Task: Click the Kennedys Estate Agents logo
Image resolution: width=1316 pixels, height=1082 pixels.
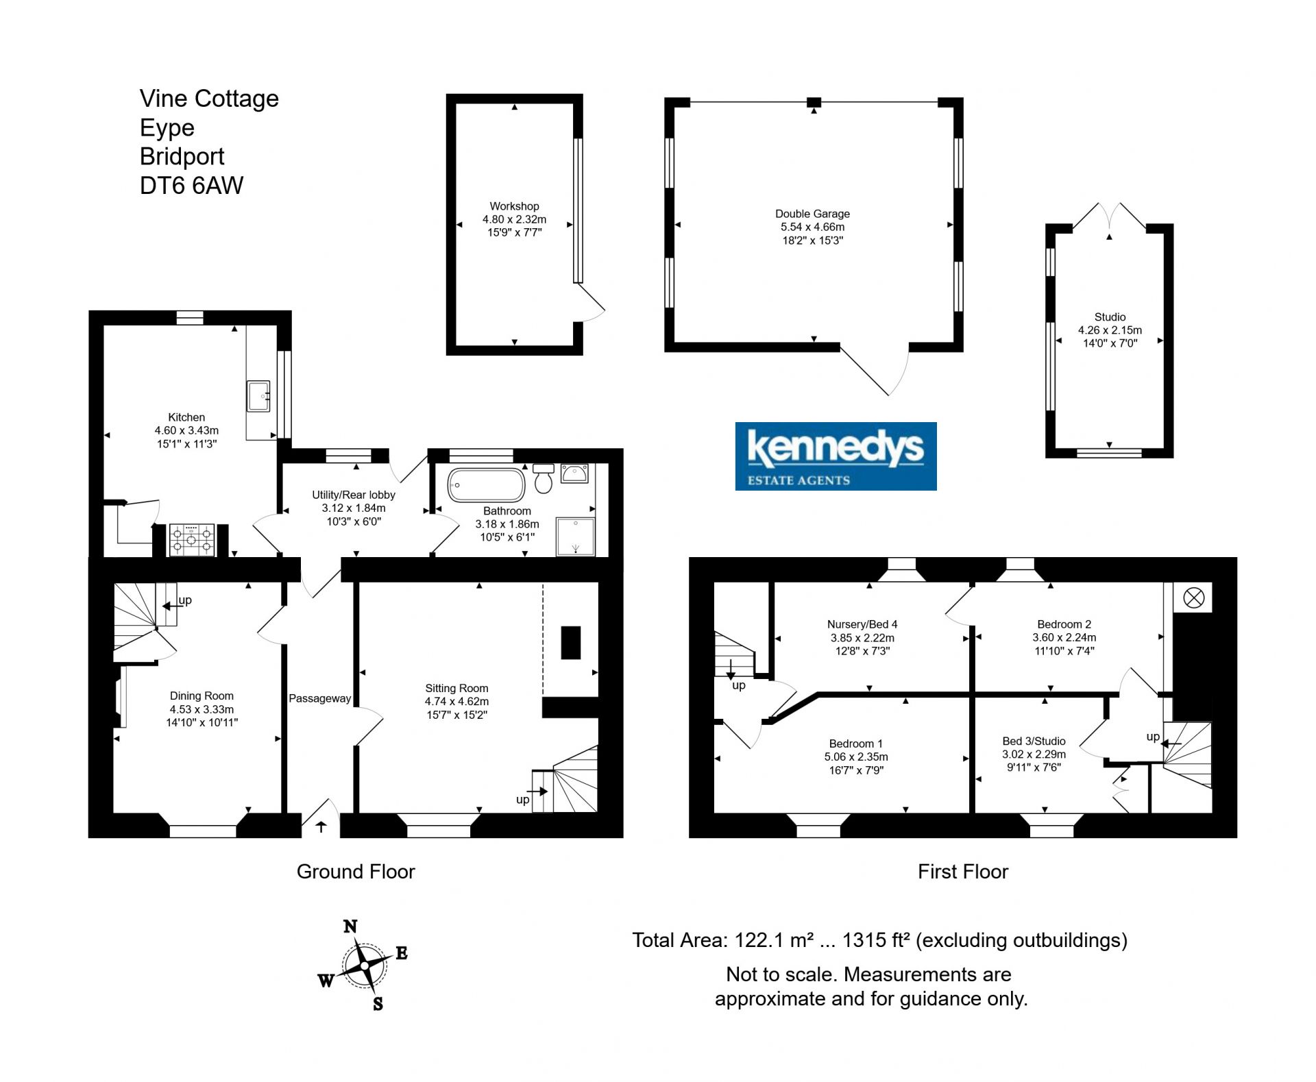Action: pos(836,456)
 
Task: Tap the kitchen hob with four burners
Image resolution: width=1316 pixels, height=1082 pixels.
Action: pos(192,539)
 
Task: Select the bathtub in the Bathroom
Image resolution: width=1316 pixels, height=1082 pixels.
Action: pos(486,485)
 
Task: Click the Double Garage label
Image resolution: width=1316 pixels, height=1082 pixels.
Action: pos(812,214)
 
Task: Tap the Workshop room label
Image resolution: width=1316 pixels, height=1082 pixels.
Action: pos(514,206)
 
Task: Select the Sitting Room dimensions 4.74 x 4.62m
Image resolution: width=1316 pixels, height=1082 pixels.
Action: pos(456,702)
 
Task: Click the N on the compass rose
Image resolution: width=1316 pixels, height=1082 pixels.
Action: pos(350,926)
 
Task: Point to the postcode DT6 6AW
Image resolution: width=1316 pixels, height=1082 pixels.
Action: pos(191,186)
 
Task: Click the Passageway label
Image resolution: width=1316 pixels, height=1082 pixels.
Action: pos(319,699)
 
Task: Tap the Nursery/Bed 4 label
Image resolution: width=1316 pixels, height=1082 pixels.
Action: pos(862,624)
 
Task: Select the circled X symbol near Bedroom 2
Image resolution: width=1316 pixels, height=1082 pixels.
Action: pos(1193,598)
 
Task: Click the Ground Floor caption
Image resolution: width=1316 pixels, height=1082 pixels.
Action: pos(356,872)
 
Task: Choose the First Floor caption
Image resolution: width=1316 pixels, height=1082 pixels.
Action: pos(963,872)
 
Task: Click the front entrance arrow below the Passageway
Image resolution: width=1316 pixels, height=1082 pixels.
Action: pos(321,826)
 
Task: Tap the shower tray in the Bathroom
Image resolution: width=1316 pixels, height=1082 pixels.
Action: pos(576,537)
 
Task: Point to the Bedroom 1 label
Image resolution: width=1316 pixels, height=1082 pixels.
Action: pos(856,743)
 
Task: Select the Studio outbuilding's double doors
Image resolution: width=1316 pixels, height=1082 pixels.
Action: pos(1109,216)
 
